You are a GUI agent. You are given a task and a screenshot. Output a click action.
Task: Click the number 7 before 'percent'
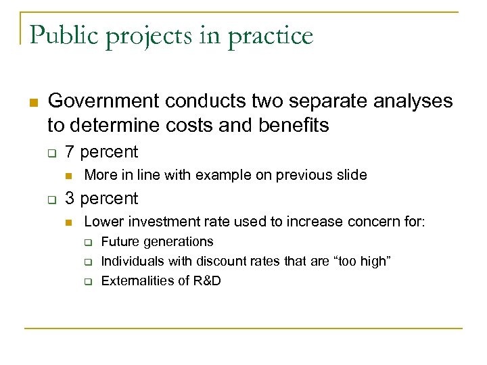click(70, 152)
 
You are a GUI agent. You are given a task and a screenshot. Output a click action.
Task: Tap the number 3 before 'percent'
click(70, 199)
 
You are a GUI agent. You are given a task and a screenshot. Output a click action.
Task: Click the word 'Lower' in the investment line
click(100, 222)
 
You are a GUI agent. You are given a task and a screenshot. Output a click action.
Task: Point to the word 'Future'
click(119, 241)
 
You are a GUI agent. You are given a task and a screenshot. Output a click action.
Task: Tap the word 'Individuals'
click(131, 261)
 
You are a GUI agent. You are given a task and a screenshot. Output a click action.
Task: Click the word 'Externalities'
click(136, 281)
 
